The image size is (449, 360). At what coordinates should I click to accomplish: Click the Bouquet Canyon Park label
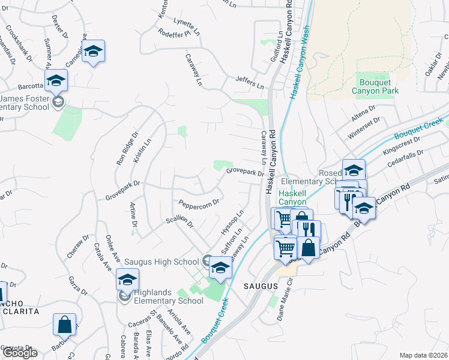click(x=378, y=86)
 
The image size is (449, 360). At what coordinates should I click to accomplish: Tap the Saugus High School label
click(x=161, y=262)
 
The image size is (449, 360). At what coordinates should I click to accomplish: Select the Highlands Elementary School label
click(x=168, y=296)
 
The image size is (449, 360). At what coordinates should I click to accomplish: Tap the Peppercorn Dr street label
click(x=199, y=200)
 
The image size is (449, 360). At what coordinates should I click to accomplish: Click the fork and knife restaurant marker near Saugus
click(x=309, y=231)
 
